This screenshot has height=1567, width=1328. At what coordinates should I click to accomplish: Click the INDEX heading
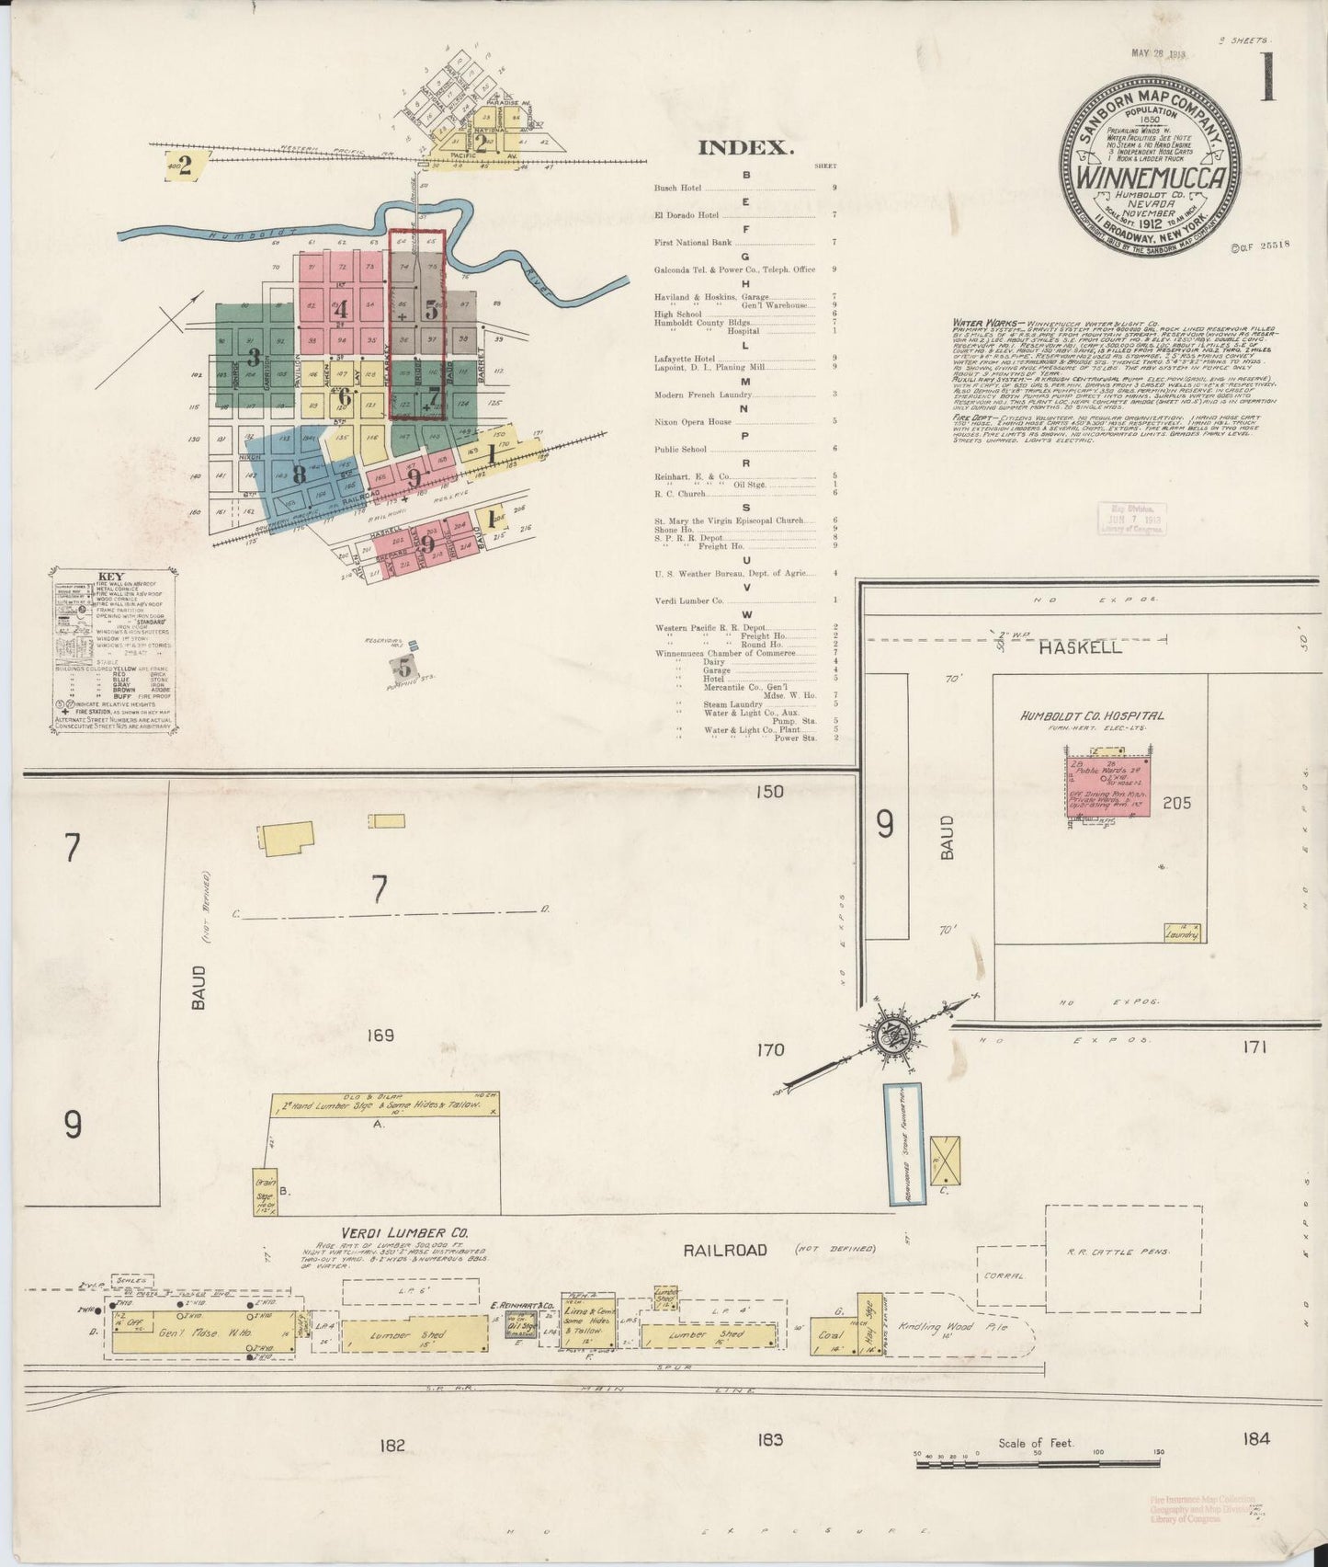coord(744,147)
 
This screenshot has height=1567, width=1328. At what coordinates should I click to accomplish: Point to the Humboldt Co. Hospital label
coord(1091,715)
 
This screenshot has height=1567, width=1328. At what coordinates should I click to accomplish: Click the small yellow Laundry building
coord(1182,932)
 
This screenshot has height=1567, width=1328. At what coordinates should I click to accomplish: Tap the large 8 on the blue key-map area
coord(299,475)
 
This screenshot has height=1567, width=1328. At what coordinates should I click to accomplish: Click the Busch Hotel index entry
coord(678,189)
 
